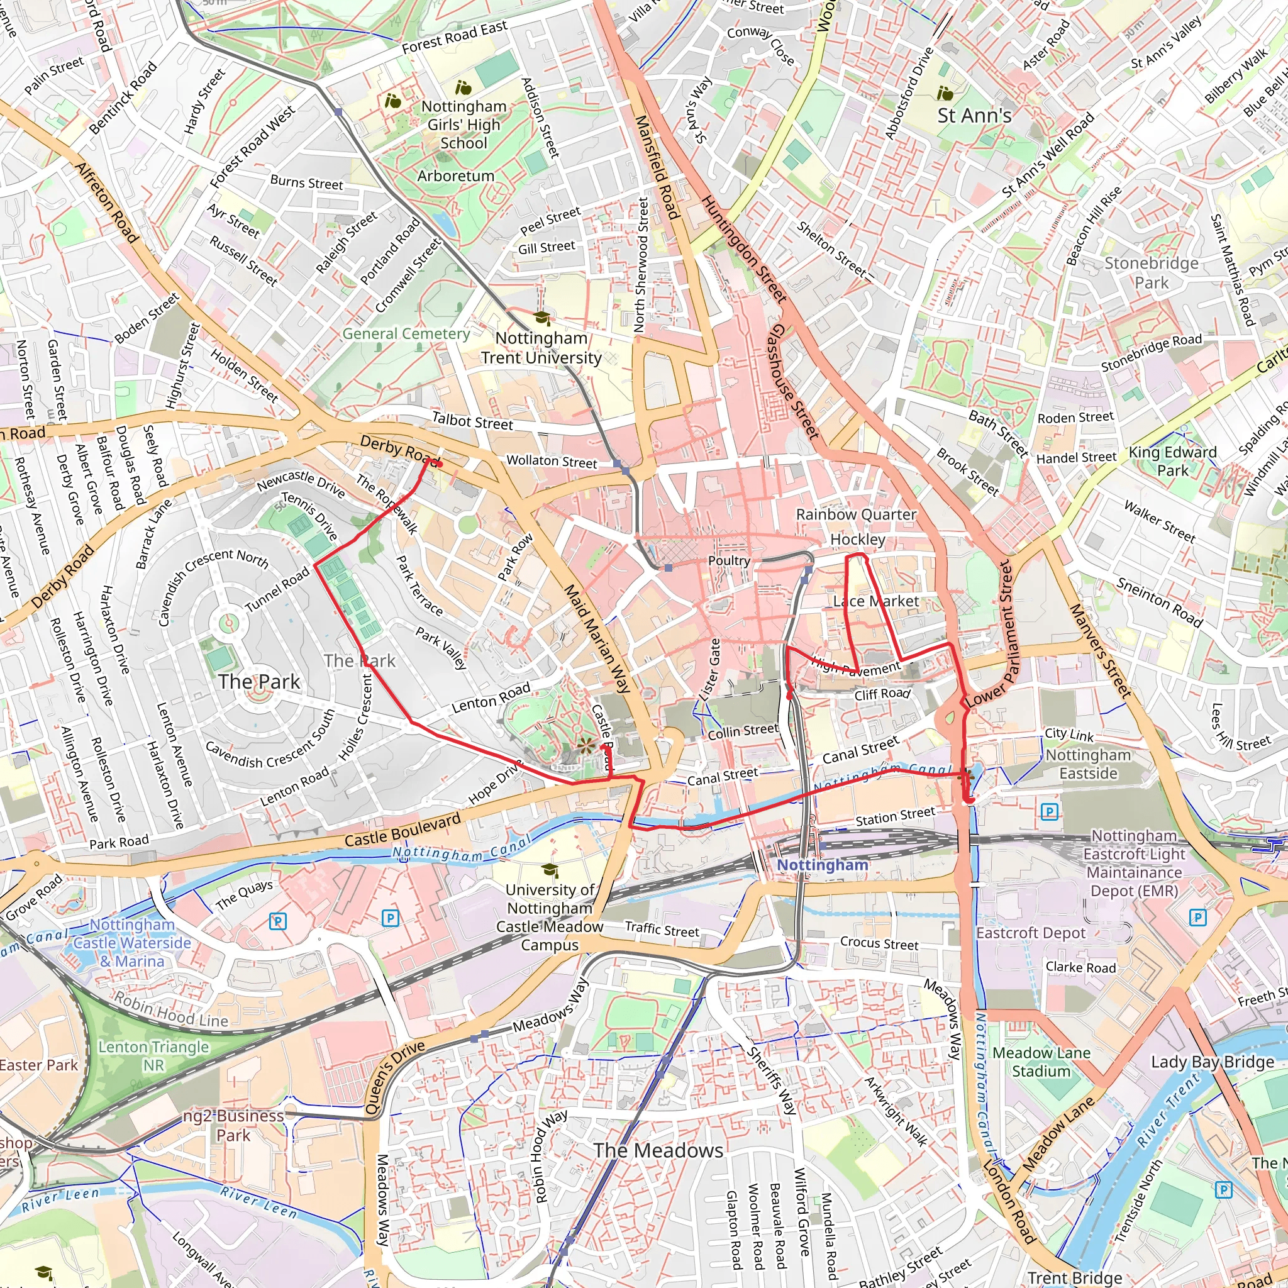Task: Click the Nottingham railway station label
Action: click(x=823, y=865)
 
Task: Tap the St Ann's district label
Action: click(x=974, y=115)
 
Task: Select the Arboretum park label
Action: click(x=456, y=176)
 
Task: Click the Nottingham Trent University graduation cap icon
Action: click(x=543, y=318)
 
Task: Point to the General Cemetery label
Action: click(x=406, y=333)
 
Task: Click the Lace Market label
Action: click(x=876, y=601)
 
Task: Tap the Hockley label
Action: click(x=857, y=539)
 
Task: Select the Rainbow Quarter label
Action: click(x=856, y=514)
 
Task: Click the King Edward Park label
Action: click(x=1172, y=460)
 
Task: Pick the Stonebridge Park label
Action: click(x=1152, y=273)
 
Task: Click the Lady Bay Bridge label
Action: click(x=1212, y=1062)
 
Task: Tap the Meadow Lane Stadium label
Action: click(x=1041, y=1062)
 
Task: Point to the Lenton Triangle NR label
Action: click(x=153, y=1056)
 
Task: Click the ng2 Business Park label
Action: click(x=233, y=1125)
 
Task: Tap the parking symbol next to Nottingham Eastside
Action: click(x=1050, y=811)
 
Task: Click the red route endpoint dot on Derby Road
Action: click(x=439, y=464)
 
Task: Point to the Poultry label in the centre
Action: click(x=729, y=560)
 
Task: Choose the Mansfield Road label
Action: click(x=657, y=167)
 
